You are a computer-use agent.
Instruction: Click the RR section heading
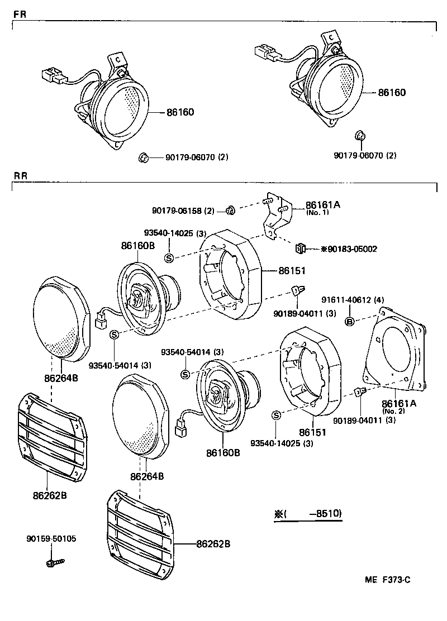click(x=20, y=175)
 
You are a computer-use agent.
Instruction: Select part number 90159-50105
click(x=51, y=539)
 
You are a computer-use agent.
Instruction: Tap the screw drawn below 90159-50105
click(x=55, y=560)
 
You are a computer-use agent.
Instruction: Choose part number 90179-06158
click(x=174, y=211)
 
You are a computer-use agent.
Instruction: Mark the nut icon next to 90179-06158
click(x=229, y=211)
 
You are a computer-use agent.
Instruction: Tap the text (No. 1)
click(x=317, y=213)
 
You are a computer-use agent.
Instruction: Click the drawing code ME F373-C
click(x=388, y=580)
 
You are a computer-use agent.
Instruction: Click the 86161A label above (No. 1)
click(x=322, y=205)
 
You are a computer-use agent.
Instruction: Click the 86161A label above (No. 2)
click(x=399, y=403)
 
